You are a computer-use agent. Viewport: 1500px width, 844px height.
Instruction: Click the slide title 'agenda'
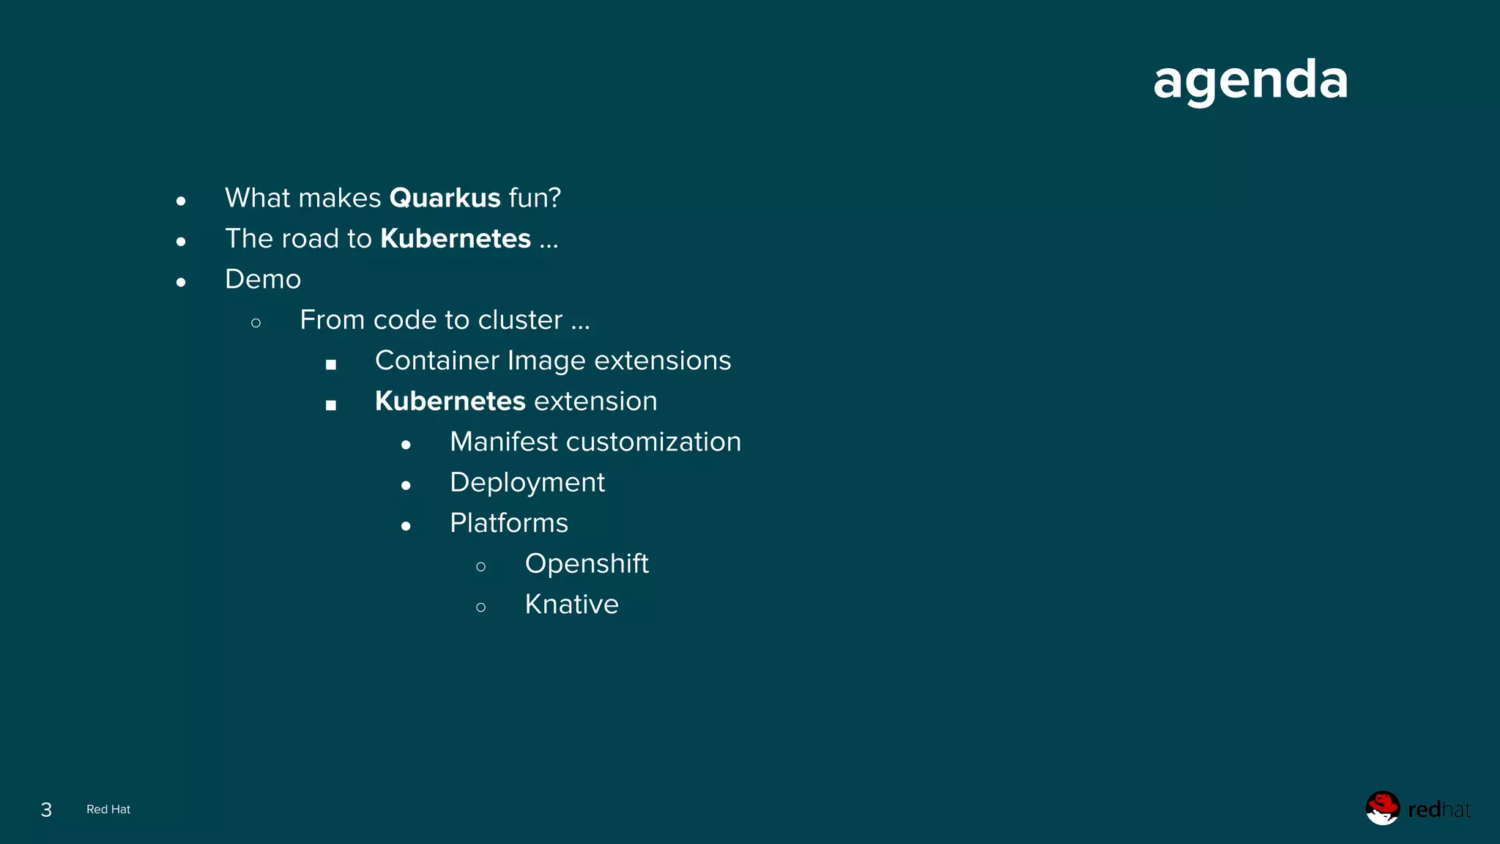pos(1250,80)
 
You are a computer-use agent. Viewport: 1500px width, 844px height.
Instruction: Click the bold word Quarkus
pos(445,198)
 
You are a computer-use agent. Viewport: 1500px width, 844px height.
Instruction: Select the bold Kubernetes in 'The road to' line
pos(455,239)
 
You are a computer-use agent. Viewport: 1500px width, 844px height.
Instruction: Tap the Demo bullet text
pos(263,279)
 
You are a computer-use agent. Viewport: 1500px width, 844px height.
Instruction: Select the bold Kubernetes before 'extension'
pos(450,401)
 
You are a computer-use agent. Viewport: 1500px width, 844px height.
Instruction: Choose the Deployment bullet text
pos(527,483)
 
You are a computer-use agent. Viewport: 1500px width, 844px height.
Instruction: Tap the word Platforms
pos(509,523)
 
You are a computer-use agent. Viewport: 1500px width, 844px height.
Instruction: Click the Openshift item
pos(587,564)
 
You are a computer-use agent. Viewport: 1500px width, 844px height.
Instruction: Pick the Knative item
pos(571,604)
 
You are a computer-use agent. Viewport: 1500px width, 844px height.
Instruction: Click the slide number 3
pos(46,810)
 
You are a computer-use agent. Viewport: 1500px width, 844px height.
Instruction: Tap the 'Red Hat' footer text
pos(108,810)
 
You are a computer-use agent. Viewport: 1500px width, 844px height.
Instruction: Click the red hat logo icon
pos(1382,808)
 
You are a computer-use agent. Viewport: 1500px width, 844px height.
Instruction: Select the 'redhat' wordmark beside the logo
pos(1438,810)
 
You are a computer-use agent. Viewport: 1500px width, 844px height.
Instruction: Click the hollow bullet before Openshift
pos(480,566)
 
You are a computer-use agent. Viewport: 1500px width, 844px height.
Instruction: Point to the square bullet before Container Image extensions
pos(331,364)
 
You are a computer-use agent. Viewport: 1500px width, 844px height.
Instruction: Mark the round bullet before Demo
pos(181,282)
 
